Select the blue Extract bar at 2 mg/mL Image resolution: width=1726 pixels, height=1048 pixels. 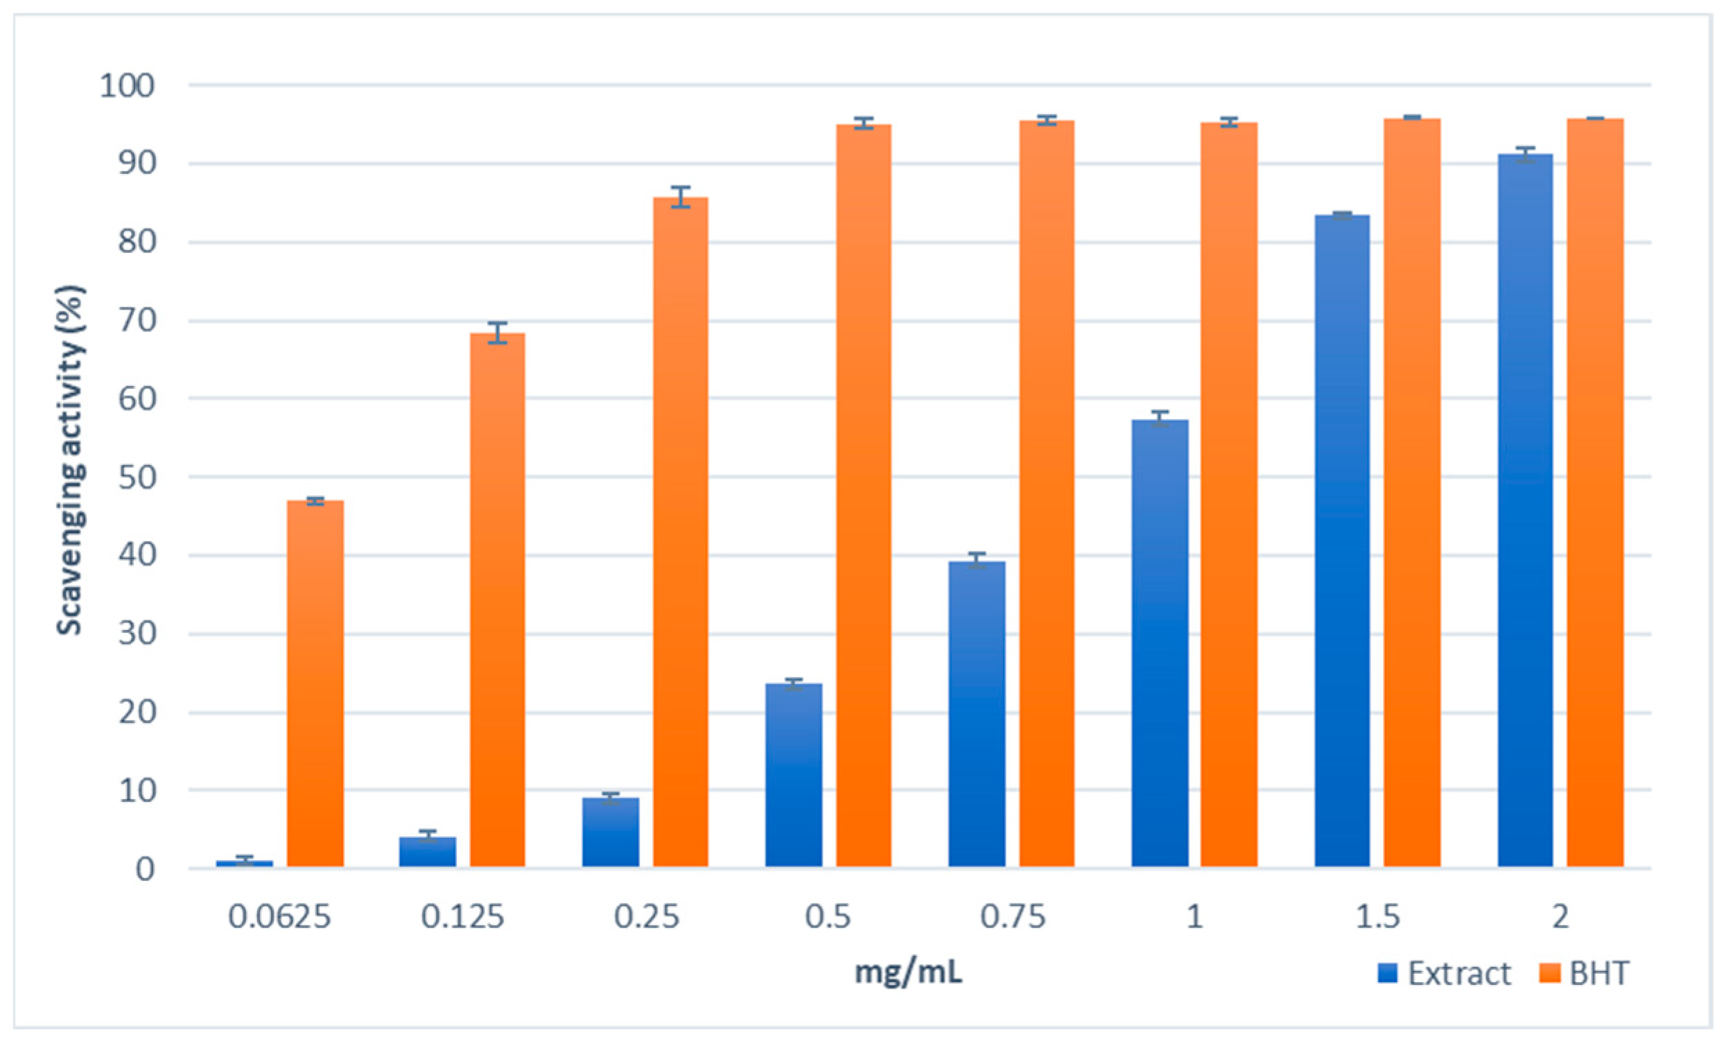1525,512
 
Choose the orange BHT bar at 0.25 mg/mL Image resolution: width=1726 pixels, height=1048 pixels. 680,532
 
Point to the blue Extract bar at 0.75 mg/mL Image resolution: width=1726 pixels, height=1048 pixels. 977,715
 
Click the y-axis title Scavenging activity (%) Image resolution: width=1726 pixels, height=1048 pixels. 69,460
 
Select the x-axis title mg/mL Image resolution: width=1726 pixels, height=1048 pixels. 908,972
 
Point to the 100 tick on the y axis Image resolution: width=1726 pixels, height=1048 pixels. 127,86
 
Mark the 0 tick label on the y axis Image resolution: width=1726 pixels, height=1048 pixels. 145,869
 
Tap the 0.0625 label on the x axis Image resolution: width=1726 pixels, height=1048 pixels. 279,917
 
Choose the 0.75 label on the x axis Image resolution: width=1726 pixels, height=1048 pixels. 1012,917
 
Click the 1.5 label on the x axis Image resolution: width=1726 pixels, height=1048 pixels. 1378,917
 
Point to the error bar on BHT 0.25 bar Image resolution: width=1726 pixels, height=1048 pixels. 680,197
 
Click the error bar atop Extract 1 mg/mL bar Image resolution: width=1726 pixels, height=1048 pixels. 1159,418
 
